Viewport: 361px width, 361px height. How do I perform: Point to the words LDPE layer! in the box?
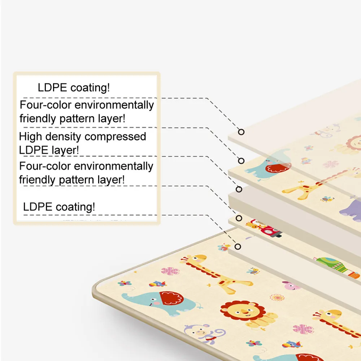pos(49,150)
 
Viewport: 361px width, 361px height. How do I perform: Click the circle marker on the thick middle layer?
pos(239,189)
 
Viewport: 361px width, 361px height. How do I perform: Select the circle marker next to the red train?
pos(238,218)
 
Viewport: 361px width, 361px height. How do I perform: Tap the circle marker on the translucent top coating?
pos(241,132)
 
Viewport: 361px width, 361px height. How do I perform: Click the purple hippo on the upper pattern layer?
pos(350,209)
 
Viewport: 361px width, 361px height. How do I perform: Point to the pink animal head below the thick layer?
pos(291,286)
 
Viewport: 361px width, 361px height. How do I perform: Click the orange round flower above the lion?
pos(277,297)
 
